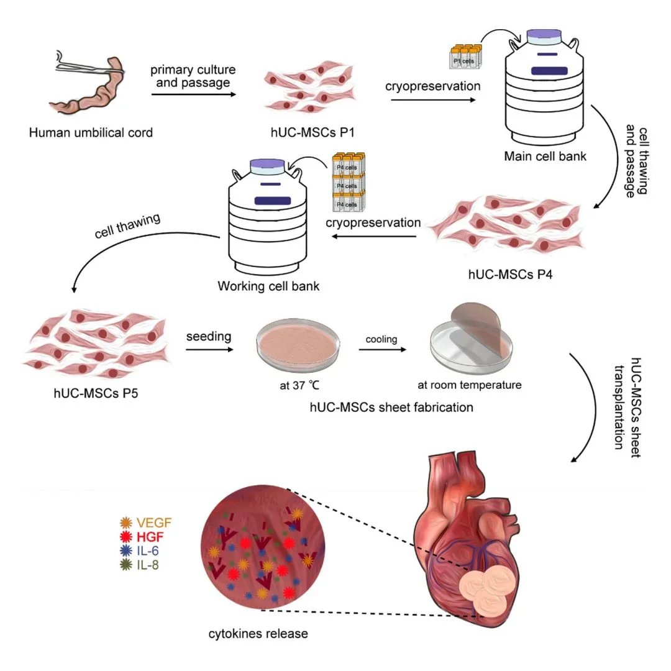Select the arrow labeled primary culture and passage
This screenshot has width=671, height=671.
tap(193, 94)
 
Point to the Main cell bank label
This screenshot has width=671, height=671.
tap(545, 155)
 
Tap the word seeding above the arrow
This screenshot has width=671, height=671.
tap(209, 337)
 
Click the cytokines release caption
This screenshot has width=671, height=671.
tap(258, 634)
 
